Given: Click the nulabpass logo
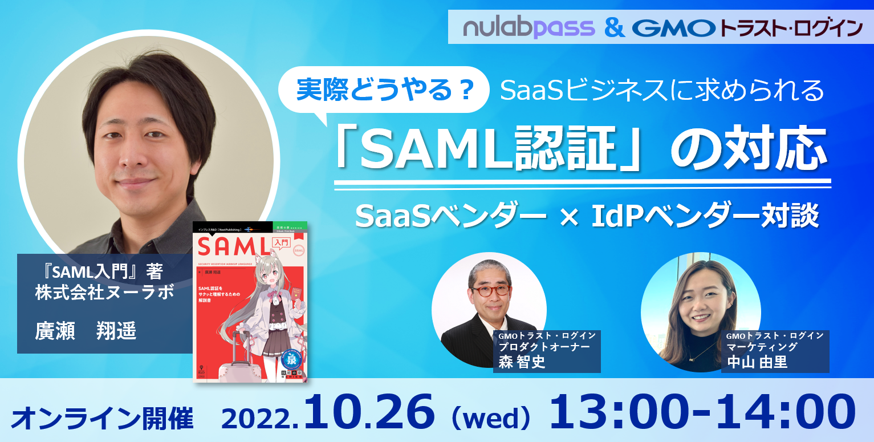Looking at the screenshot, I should point(529,27).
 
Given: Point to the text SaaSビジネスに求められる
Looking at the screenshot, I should point(662,90).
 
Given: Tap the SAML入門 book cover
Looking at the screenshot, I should point(250,301).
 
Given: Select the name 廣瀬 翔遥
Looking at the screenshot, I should point(86,331).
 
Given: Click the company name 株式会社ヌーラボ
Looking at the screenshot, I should point(103,294).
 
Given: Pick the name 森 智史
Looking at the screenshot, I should point(522,362).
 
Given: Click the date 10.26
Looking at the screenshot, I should point(371,412).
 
